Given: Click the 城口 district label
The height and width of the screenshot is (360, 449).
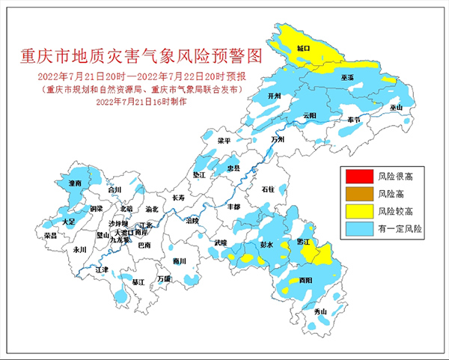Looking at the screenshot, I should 303,48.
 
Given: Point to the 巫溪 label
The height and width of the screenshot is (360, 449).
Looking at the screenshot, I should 347,78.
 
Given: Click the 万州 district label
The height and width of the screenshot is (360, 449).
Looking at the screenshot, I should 278,139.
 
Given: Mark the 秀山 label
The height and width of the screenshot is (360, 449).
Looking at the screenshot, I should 321,311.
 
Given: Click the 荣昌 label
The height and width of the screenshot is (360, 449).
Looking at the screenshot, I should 51,235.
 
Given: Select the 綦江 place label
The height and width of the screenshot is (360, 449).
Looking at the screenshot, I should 138,282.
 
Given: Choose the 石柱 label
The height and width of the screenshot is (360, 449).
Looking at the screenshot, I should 268,190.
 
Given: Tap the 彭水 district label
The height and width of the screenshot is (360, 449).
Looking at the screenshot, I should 267,244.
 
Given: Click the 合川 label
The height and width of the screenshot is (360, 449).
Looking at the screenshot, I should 114,190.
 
